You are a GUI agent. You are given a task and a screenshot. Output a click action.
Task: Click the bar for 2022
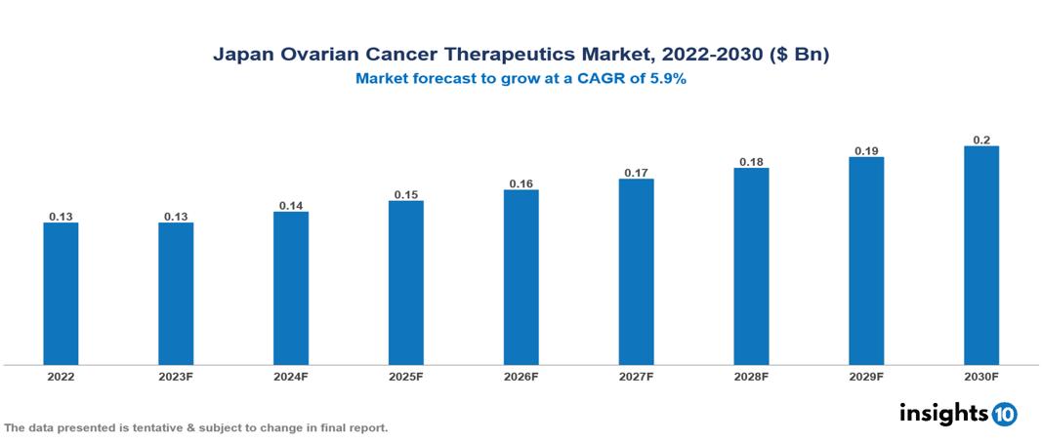point(61,294)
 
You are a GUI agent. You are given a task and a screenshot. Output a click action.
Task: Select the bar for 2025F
point(405,283)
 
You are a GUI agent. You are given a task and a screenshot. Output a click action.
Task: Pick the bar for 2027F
point(636,272)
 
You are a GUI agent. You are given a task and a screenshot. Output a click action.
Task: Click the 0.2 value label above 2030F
point(981,140)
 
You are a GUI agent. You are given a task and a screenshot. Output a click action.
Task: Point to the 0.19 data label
point(866,150)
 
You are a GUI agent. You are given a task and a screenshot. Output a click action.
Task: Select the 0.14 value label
point(291,206)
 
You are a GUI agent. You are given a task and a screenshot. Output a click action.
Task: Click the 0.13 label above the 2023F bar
point(176,217)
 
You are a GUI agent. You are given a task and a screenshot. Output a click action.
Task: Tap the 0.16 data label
point(521,183)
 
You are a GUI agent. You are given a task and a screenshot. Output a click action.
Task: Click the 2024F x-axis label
point(291,377)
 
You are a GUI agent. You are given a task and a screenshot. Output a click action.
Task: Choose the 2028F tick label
point(751,377)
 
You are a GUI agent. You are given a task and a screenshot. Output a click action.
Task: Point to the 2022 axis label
point(61,377)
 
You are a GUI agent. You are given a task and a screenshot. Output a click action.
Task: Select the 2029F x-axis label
point(866,377)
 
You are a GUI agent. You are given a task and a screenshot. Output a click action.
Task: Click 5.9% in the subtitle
point(667,79)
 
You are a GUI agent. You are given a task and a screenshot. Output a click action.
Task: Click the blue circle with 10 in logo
point(1004,414)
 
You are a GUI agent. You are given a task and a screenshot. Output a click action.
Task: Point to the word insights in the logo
point(943,414)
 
